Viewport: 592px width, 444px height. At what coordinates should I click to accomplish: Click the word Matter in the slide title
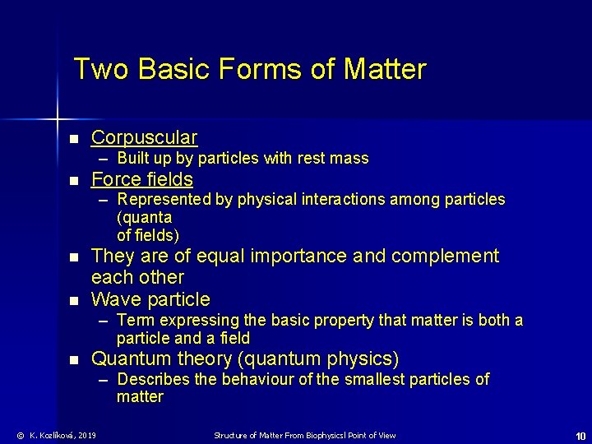(x=386, y=69)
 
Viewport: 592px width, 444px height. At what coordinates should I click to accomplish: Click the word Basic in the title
(x=173, y=69)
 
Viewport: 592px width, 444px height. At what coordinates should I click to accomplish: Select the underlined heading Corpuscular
(x=144, y=137)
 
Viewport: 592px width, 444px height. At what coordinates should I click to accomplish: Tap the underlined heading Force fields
(x=142, y=179)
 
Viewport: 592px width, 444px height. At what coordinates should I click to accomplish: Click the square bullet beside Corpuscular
(x=74, y=139)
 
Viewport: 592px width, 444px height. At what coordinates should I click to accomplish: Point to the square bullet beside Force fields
(x=74, y=181)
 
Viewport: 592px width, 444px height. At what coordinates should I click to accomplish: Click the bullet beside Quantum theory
(x=74, y=360)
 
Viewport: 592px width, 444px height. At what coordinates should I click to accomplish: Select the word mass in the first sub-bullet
(x=351, y=158)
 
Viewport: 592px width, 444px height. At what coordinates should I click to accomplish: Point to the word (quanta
(x=145, y=217)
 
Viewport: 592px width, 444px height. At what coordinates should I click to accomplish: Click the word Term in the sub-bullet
(x=135, y=319)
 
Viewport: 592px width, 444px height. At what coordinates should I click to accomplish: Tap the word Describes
(x=152, y=379)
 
